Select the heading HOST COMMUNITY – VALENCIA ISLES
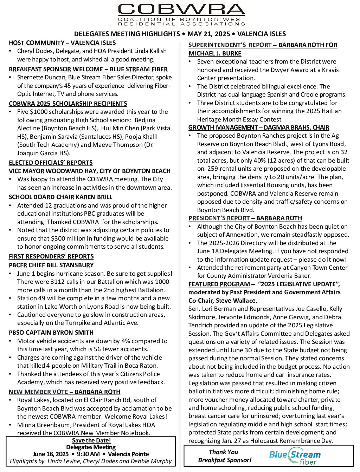pyautogui.click(x=62, y=43)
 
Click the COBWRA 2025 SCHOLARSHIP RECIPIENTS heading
pyautogui.click(x=68, y=104)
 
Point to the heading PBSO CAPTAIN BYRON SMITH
pyautogui.click(x=51, y=333)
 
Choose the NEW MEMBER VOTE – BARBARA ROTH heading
pyautogui.click(x=64, y=392)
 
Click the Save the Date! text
pyautogui.click(x=91, y=440)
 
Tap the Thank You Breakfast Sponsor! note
pyautogui.click(x=225, y=456)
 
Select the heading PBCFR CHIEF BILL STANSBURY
pyautogui.click(x=51, y=265)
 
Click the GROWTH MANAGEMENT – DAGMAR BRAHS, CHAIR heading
pyautogui.click(x=259, y=127)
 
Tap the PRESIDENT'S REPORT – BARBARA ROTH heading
pyautogui.click(x=245, y=218)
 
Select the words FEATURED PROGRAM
pyautogui.click(x=219, y=284)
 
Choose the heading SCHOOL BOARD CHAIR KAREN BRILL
pyautogui.click(x=60, y=197)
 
